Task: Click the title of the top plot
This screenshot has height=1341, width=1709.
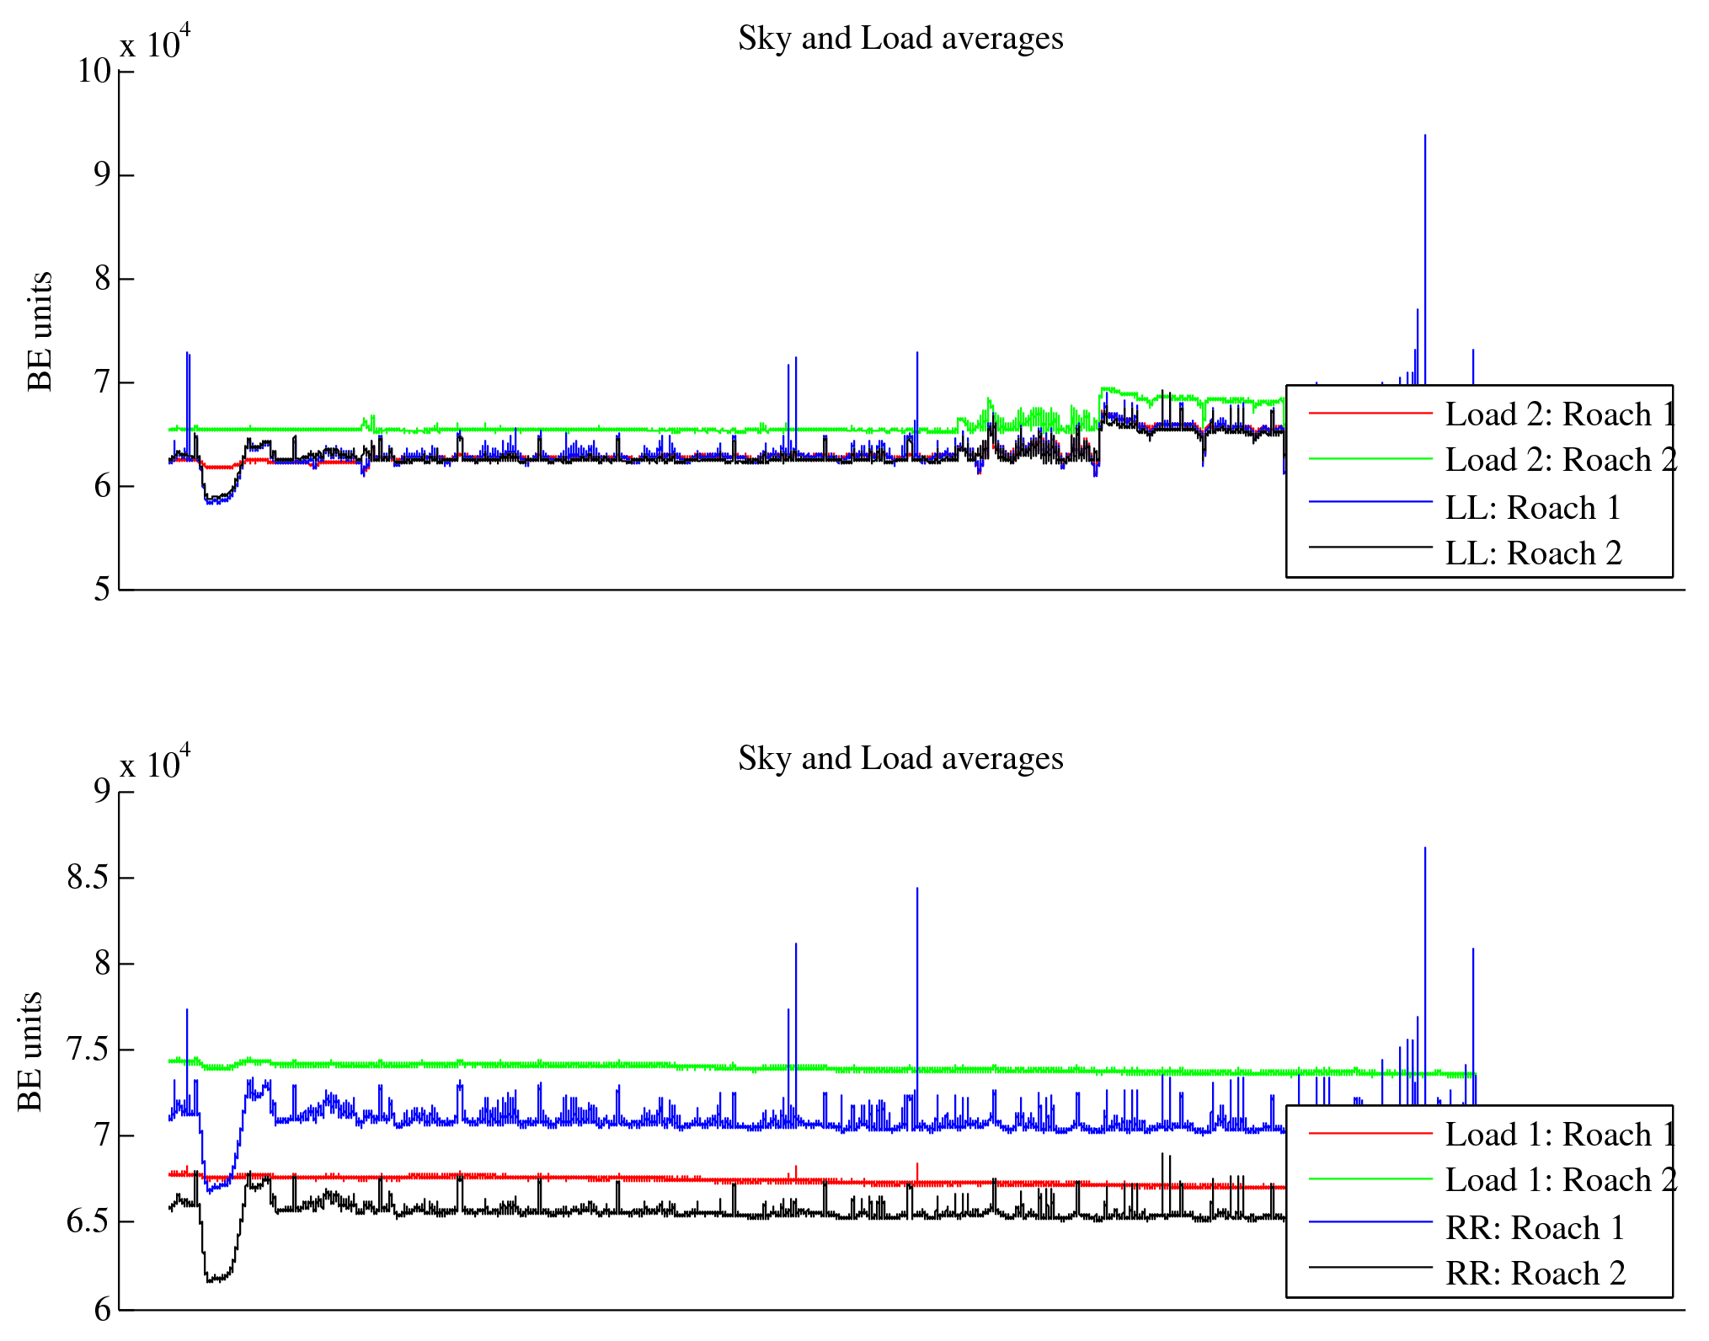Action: (900, 39)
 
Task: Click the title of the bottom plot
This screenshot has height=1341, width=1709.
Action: (900, 759)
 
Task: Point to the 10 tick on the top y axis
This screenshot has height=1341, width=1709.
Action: (94, 72)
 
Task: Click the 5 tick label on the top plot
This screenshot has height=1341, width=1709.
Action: (102, 590)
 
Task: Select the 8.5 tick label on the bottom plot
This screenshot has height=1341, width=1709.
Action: (88, 878)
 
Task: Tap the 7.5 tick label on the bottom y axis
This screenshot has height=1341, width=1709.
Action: (88, 1050)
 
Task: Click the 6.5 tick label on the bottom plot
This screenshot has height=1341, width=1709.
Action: (88, 1222)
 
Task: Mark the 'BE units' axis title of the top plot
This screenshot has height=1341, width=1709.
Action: (40, 331)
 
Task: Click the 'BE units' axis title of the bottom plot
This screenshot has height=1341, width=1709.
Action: (29, 1051)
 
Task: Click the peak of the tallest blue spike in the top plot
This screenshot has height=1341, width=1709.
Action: (1424, 136)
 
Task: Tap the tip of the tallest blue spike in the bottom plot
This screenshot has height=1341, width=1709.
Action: (1424, 848)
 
